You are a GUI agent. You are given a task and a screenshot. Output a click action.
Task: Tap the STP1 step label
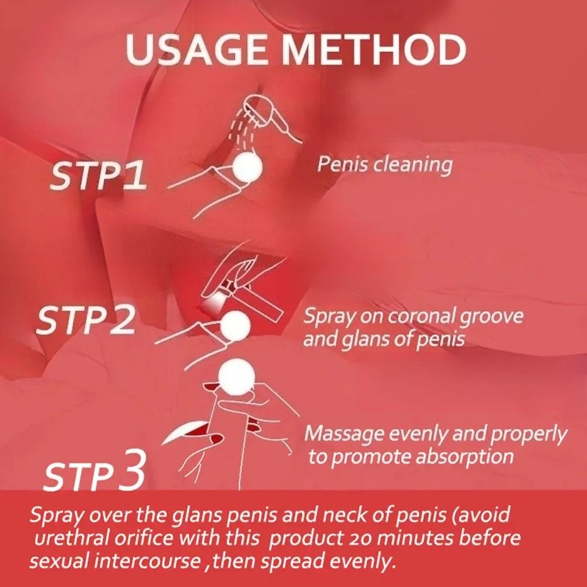(x=97, y=175)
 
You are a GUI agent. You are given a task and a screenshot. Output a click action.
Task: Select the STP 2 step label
(x=86, y=320)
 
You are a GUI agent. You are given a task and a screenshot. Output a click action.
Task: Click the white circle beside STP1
(x=247, y=167)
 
